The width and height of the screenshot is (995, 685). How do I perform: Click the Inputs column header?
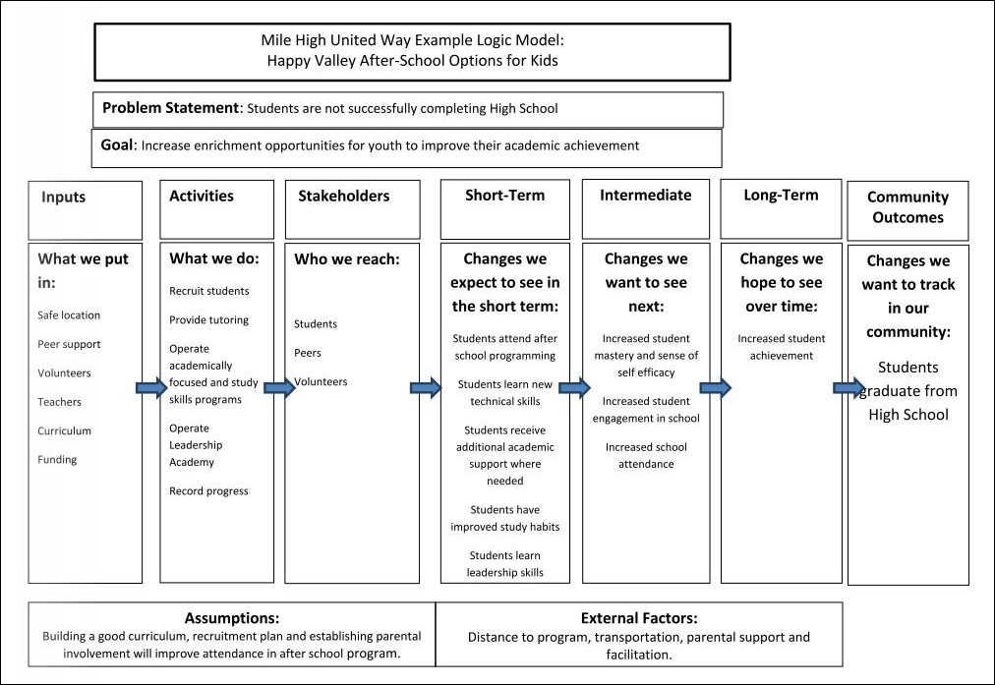pyautogui.click(x=64, y=197)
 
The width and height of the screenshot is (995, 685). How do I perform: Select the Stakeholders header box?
pyautogui.click(x=343, y=196)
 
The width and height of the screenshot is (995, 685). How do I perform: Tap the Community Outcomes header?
pyautogui.click(x=907, y=207)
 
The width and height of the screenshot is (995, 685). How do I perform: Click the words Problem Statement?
pyautogui.click(x=171, y=108)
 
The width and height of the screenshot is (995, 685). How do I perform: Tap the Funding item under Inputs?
pyautogui.click(x=57, y=459)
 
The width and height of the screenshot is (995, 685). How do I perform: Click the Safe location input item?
pyautogui.click(x=69, y=315)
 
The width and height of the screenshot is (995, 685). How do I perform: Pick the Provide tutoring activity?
pyautogui.click(x=208, y=320)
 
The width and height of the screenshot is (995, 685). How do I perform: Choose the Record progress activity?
pyautogui.click(x=208, y=490)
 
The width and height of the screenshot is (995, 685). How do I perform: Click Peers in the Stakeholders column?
pyautogui.click(x=308, y=353)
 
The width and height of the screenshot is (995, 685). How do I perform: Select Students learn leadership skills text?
pyautogui.click(x=504, y=564)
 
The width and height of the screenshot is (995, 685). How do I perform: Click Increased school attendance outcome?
pyautogui.click(x=645, y=455)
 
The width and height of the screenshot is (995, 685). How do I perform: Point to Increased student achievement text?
pyautogui.click(x=782, y=347)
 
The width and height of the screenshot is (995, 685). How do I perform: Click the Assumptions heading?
pyautogui.click(x=231, y=618)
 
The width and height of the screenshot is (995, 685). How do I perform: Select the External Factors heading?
pyautogui.click(x=638, y=618)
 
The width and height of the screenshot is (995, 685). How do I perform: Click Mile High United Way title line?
pyautogui.click(x=412, y=42)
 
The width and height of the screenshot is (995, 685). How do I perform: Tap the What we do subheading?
pyautogui.click(x=214, y=259)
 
